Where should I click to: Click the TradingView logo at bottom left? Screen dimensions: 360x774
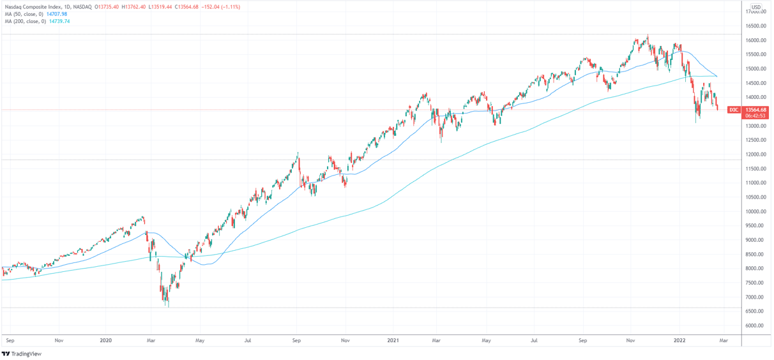click(x=22, y=354)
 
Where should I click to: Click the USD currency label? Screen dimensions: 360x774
click(x=755, y=7)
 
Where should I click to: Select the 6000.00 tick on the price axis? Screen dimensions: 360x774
click(x=755, y=326)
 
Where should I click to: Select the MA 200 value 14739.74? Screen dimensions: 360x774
click(x=59, y=21)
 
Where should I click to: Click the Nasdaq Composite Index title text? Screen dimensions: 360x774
click(x=31, y=7)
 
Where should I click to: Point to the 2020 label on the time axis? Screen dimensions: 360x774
click(x=106, y=341)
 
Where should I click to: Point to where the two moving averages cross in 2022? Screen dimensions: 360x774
click(x=717, y=77)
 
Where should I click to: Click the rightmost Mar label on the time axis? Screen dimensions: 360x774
click(x=724, y=341)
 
